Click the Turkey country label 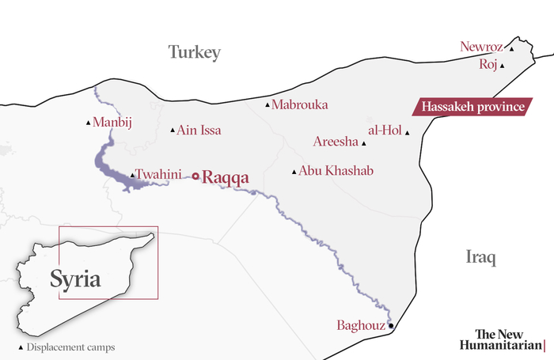coord(194,53)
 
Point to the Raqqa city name coord(226,177)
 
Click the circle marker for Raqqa coord(195,176)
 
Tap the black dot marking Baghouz coord(390,325)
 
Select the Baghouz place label coord(361,325)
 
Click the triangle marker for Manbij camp coord(88,123)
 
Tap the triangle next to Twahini coord(131,176)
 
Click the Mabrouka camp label coord(299,104)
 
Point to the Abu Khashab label coord(336,170)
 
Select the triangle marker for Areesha coord(363,144)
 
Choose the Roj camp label coord(488,64)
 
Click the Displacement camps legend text coord(71,347)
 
